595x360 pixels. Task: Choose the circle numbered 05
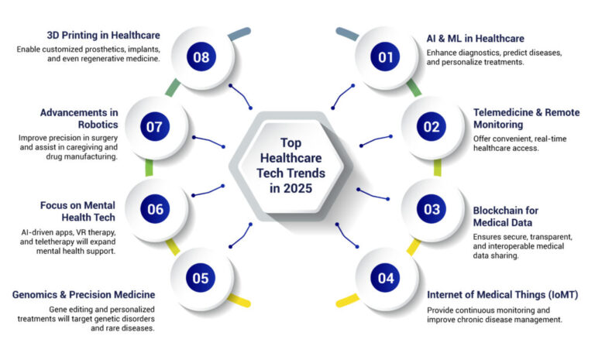[201, 278]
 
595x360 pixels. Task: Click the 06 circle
[156, 208]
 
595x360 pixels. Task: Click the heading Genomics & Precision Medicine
[84, 295]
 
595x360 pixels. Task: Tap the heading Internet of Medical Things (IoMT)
[503, 295]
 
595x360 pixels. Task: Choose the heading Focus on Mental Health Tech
[77, 211]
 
